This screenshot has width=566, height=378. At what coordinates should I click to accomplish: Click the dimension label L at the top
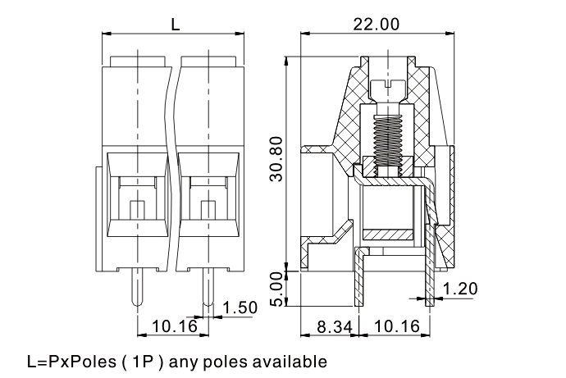tap(176, 24)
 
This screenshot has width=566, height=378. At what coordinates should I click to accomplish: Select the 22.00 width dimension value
tap(377, 25)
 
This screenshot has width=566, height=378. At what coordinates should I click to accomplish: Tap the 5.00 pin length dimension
tap(277, 289)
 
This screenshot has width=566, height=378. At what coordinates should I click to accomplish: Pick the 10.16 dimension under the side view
tap(397, 327)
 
